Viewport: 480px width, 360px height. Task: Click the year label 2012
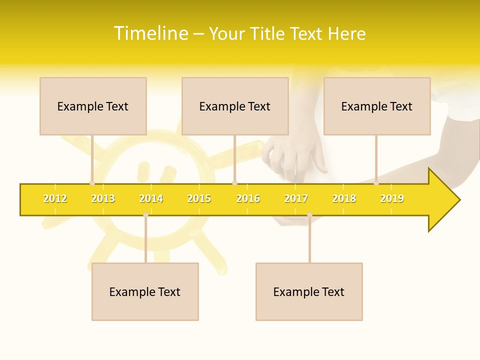click(55, 198)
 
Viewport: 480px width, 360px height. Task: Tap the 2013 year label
click(103, 198)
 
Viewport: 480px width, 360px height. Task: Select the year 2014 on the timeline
click(151, 198)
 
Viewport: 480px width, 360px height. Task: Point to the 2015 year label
click(199, 198)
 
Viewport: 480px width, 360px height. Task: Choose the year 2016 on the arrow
click(248, 198)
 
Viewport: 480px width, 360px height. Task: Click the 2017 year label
click(296, 198)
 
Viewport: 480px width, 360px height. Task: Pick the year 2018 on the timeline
click(344, 198)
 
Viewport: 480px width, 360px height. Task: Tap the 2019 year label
click(392, 198)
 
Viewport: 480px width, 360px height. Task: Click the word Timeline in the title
click(150, 33)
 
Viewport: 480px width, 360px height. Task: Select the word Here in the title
click(346, 33)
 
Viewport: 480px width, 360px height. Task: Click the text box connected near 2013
click(93, 106)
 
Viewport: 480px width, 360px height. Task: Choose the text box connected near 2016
click(235, 106)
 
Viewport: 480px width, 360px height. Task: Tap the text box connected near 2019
click(377, 106)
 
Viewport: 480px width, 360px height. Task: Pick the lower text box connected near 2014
click(145, 291)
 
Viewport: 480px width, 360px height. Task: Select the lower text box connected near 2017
click(309, 291)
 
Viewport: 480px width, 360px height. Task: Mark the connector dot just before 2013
click(92, 183)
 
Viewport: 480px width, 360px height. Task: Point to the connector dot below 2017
click(309, 215)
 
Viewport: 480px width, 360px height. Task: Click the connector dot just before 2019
click(376, 183)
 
